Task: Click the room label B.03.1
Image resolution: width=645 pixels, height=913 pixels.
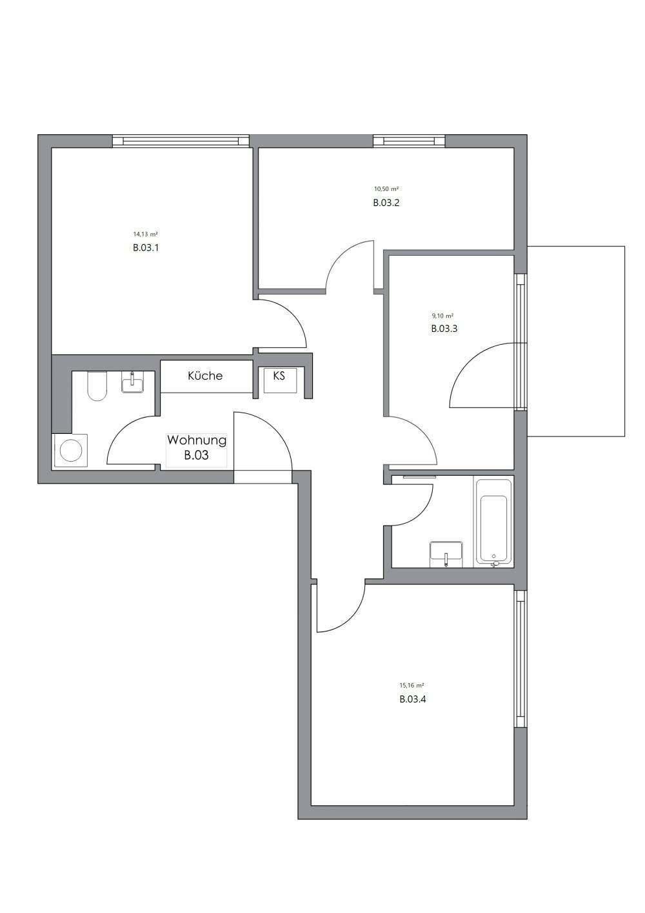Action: (x=146, y=247)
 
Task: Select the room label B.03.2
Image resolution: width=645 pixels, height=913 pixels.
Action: (x=386, y=203)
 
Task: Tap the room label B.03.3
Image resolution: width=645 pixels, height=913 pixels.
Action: (x=444, y=329)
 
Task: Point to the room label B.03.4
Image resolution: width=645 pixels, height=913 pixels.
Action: (x=412, y=699)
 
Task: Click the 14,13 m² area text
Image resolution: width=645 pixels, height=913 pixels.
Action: (x=146, y=234)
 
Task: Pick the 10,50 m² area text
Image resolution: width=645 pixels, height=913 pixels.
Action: (x=386, y=189)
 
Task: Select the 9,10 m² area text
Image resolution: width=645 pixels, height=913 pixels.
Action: (x=442, y=316)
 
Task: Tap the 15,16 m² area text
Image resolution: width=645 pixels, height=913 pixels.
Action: (x=412, y=686)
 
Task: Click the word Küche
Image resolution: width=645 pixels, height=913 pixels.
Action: (x=205, y=376)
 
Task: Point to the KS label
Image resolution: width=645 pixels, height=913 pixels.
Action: (x=279, y=376)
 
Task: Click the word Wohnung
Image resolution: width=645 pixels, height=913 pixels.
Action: (x=197, y=440)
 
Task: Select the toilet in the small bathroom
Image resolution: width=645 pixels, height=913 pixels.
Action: (x=97, y=385)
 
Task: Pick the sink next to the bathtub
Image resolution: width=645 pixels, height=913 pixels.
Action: (x=446, y=553)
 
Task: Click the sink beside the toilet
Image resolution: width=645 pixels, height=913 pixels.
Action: (x=134, y=382)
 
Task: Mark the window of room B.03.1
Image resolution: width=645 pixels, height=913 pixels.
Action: (x=181, y=141)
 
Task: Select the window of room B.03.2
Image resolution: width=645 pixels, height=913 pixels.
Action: (x=409, y=141)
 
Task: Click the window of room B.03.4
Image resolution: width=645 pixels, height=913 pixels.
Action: (x=520, y=659)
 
